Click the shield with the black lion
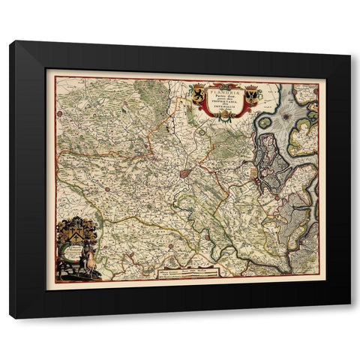pos(198,94)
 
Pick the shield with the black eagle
pos(251,95)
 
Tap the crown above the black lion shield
pos(198,86)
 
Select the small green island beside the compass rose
pos(264,121)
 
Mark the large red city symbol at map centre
pos(184,173)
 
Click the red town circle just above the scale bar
pos(172,244)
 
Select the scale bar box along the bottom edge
pos(186,271)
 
